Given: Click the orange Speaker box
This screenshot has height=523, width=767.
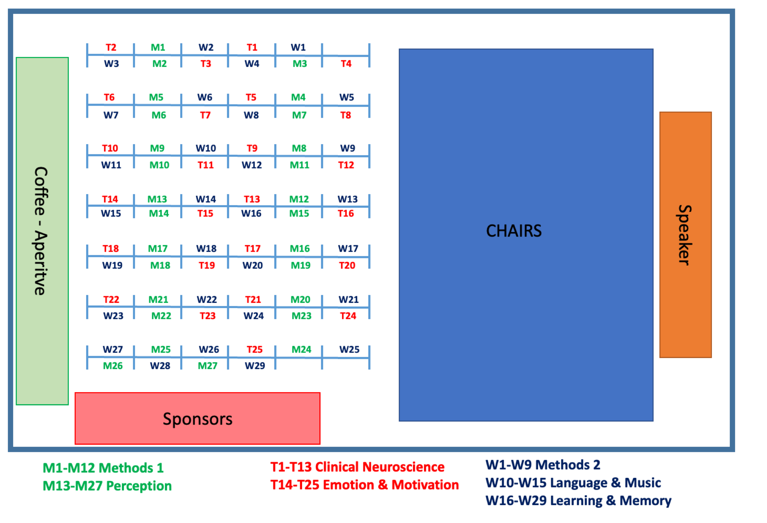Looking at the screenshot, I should point(685,235).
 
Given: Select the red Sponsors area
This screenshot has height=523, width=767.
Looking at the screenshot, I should point(197,418).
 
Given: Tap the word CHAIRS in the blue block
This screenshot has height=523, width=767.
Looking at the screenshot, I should point(514,231).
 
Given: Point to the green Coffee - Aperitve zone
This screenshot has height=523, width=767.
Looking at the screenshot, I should point(42,231).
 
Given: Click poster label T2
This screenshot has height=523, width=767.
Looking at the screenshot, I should point(111,48).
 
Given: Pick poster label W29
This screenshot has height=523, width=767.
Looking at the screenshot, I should point(255,366).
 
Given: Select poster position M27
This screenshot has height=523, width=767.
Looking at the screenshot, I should point(207,366).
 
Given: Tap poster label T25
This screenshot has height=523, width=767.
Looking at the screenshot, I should point(254,349).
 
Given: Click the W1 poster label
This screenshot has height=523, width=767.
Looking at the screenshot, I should point(298,48).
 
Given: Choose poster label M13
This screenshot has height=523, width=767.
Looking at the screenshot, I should point(157,199).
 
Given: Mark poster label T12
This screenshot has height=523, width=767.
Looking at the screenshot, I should point(346,165).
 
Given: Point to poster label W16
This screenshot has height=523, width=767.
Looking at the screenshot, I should point(251,213).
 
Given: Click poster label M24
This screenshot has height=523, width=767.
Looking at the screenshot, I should point(301,349).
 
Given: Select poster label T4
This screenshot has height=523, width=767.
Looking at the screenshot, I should point(346,64).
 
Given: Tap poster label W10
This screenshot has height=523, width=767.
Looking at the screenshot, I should point(206,148).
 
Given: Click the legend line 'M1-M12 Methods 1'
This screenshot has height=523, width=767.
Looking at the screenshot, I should point(103,468).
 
